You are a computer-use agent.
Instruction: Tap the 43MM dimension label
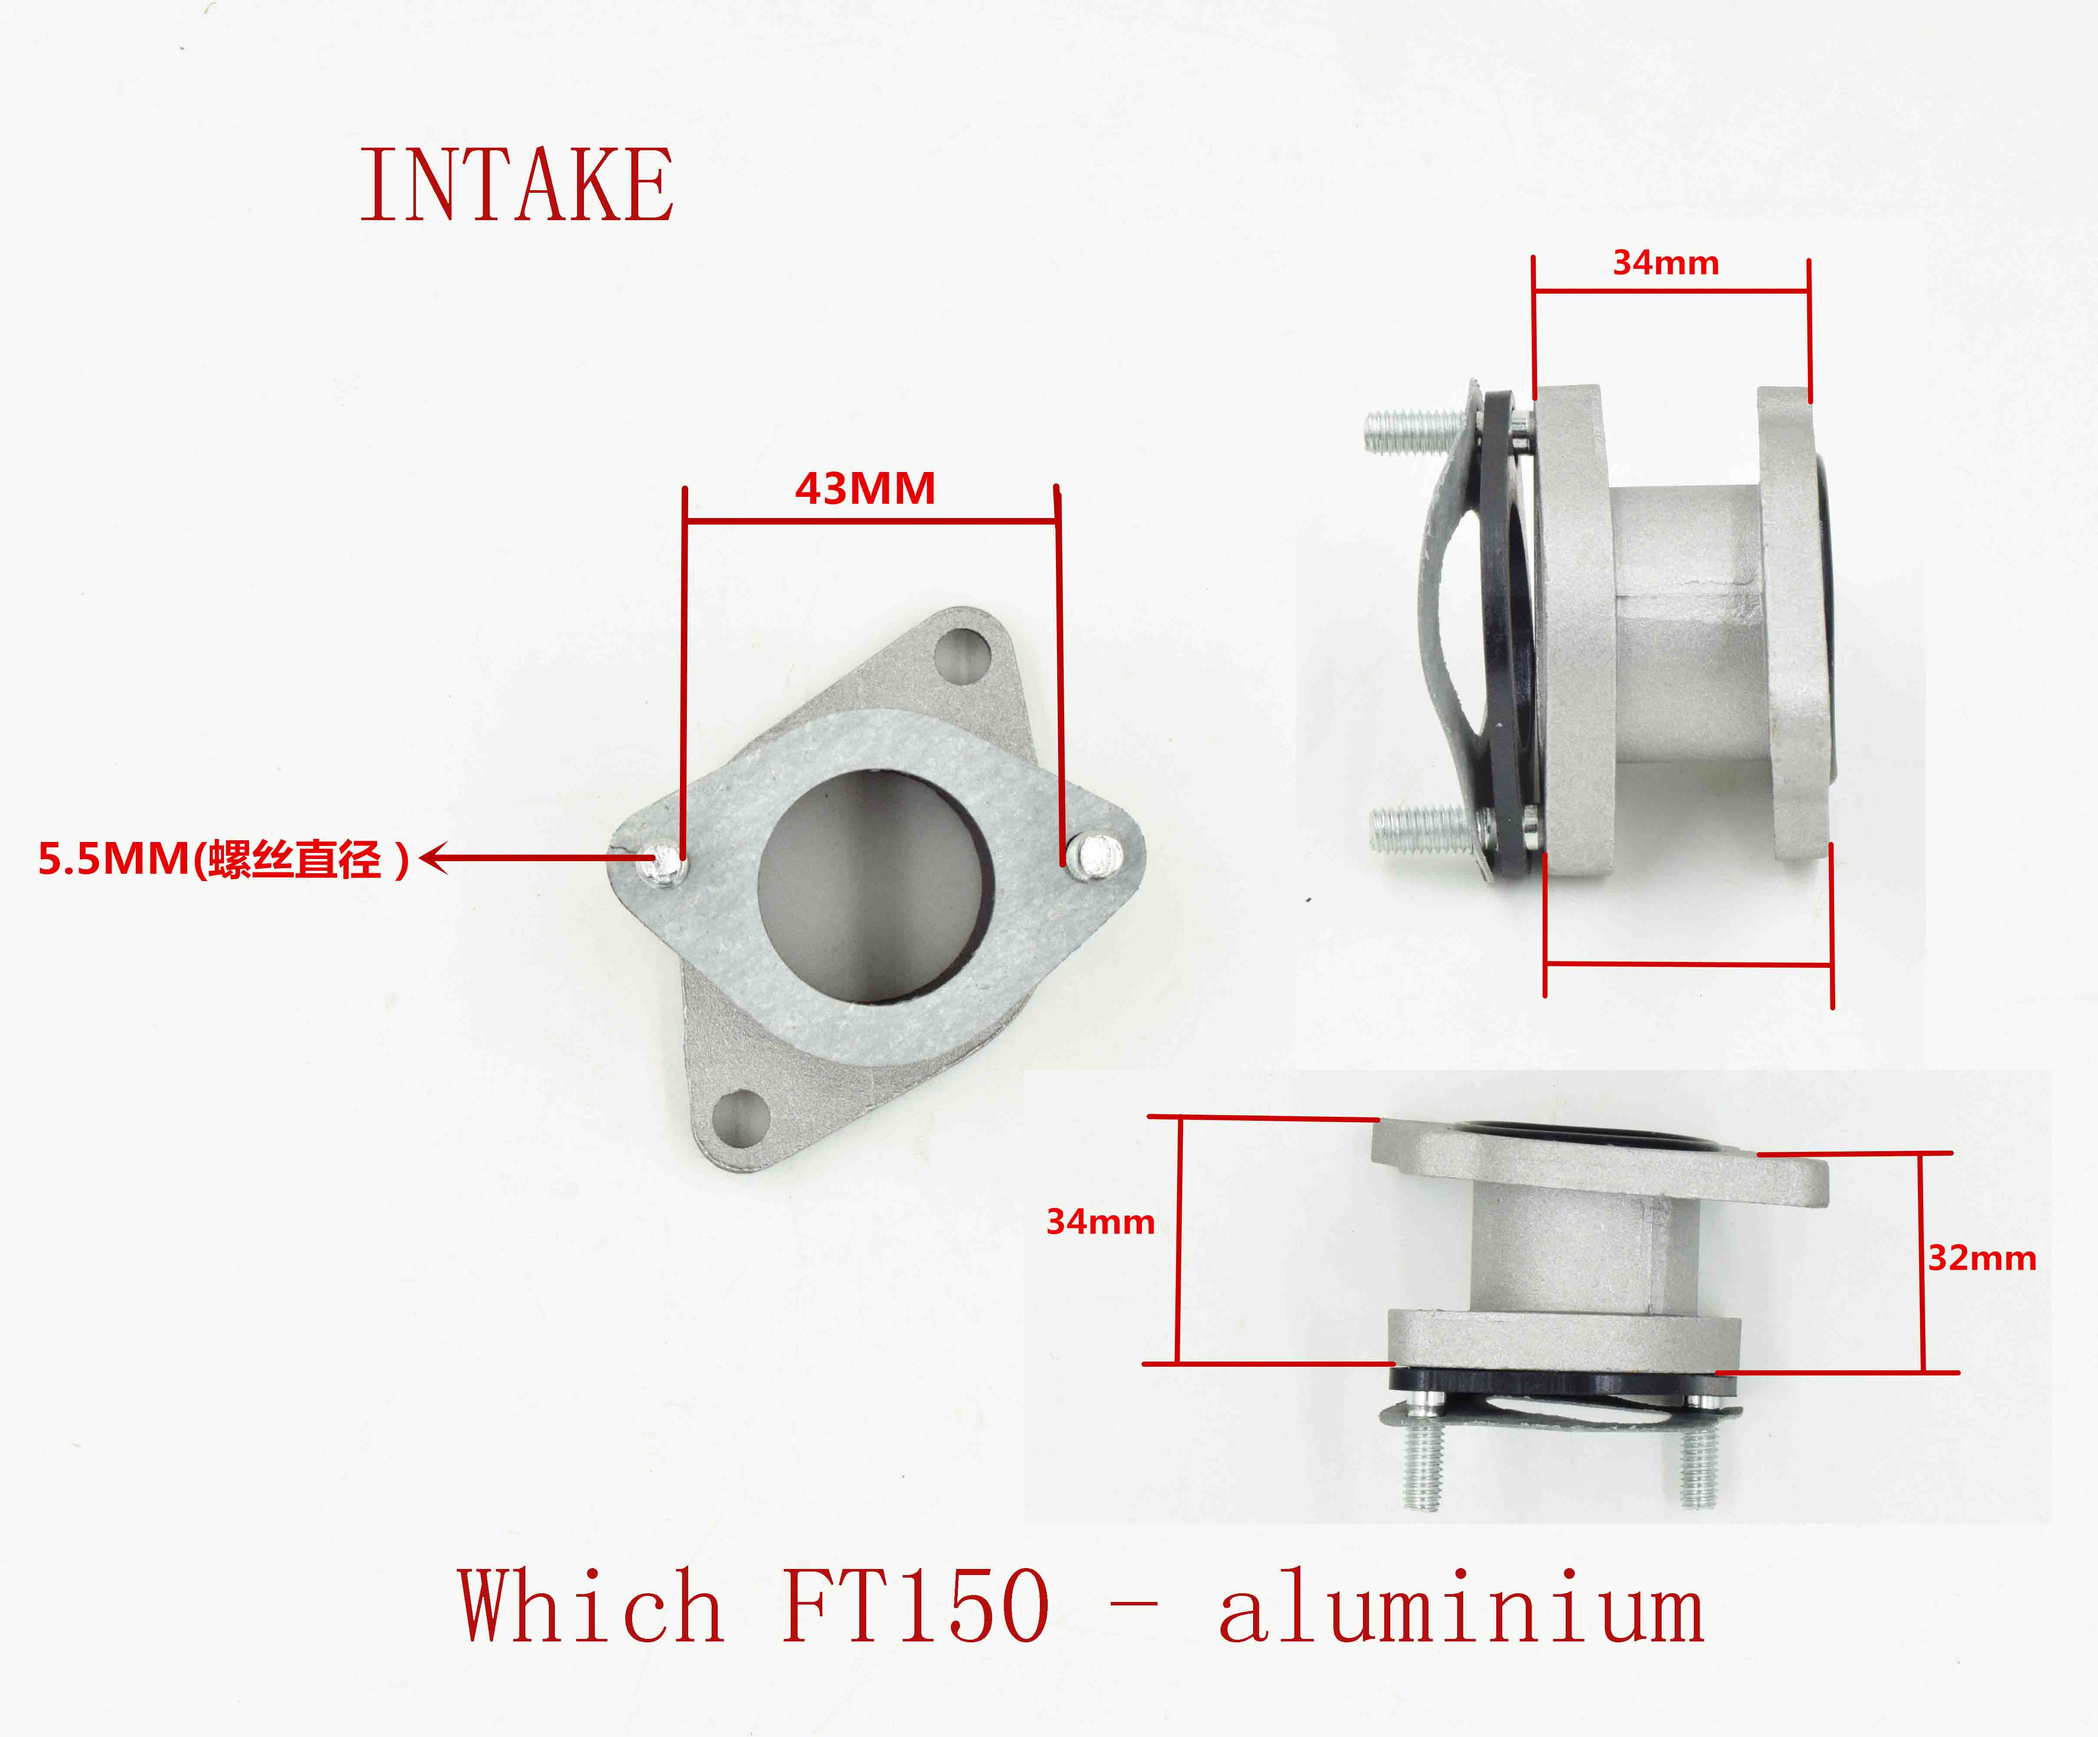[x=865, y=489]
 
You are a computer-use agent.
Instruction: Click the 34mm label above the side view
[x=1666, y=263]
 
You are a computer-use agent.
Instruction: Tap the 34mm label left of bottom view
[x=1100, y=1221]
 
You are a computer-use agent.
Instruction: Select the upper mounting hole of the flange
[x=961, y=654]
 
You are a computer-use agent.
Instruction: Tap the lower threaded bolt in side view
[x=1418, y=828]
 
